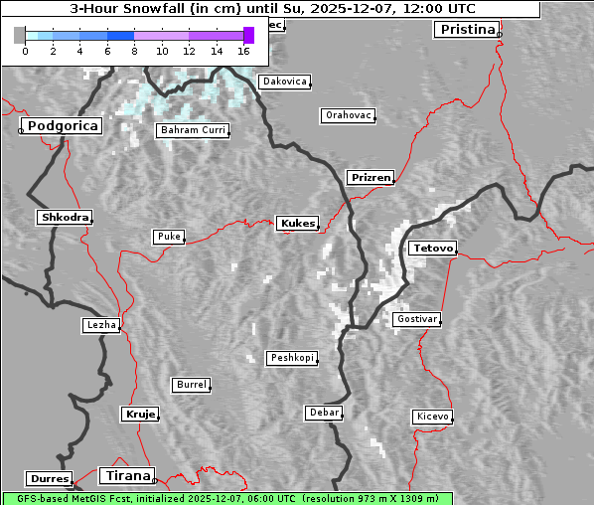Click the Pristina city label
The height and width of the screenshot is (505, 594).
pyautogui.click(x=466, y=30)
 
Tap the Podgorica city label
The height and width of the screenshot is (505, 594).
pyautogui.click(x=63, y=126)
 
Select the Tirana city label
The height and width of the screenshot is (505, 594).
pyautogui.click(x=126, y=475)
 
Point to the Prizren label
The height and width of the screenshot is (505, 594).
pyautogui.click(x=371, y=178)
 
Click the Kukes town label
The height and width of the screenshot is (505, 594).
pyautogui.click(x=297, y=224)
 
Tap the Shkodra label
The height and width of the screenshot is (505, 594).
pyautogui.click(x=65, y=217)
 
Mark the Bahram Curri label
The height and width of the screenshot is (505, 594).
pyautogui.click(x=193, y=130)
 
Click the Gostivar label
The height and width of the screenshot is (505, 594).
pyautogui.click(x=415, y=319)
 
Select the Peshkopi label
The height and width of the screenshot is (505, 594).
pyautogui.click(x=292, y=358)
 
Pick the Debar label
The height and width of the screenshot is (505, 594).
pyautogui.click(x=324, y=413)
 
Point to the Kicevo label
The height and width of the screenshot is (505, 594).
pyautogui.click(x=432, y=417)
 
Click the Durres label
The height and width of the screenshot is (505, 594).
pyautogui.click(x=50, y=479)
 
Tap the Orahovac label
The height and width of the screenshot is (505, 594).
pyautogui.click(x=348, y=115)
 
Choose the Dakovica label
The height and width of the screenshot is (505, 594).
pyautogui.click(x=283, y=82)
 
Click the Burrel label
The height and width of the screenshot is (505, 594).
pyautogui.click(x=191, y=384)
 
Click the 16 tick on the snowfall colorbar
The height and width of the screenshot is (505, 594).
pyautogui.click(x=244, y=51)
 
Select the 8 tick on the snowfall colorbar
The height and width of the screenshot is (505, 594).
pyautogui.click(x=134, y=51)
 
